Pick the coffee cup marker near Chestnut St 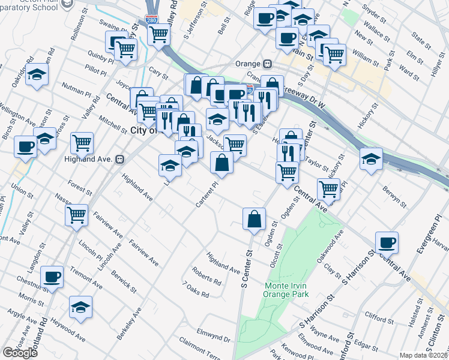pyautogui.click(x=52, y=277)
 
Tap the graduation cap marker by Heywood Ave pyautogui.click(x=80, y=307)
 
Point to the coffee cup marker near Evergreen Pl pyautogui.click(x=387, y=242)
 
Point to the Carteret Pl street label pyautogui.click(x=205, y=196)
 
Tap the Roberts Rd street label pyautogui.click(x=206, y=276)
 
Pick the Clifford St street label pyautogui.click(x=378, y=314)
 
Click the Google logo pyautogui.click(x=20, y=352)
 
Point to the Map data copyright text pyautogui.click(x=423, y=355)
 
